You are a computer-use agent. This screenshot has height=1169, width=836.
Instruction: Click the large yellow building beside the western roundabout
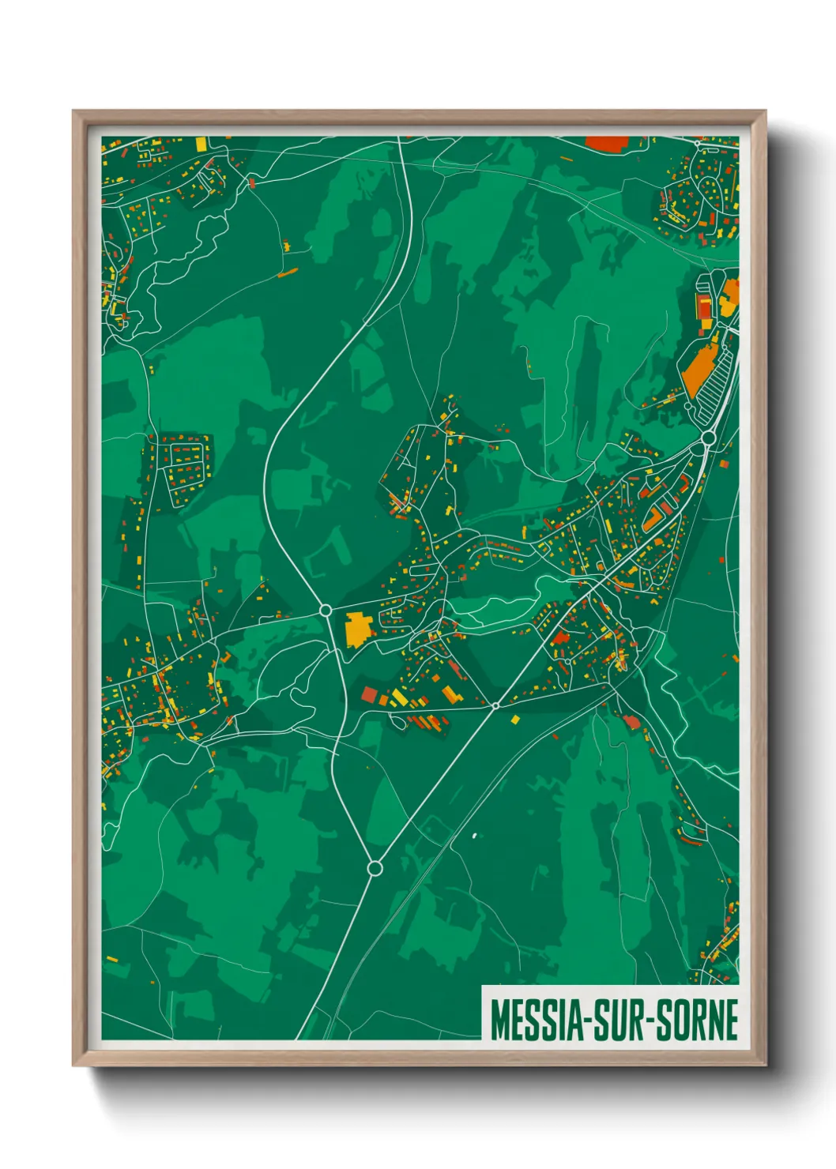pyautogui.click(x=358, y=629)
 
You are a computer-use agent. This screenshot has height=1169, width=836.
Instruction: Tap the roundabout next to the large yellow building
pyautogui.click(x=325, y=611)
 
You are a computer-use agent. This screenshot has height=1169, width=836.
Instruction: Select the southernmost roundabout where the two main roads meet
pyautogui.click(x=375, y=868)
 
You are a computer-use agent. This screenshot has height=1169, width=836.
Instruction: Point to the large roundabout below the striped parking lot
pyautogui.click(x=708, y=438)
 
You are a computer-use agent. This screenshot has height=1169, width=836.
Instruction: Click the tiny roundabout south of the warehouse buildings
pyautogui.click(x=495, y=705)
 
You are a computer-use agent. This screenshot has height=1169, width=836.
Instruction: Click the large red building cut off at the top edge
pyautogui.click(x=607, y=143)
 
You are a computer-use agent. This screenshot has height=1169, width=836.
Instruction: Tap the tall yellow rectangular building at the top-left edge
pyautogui.click(x=201, y=144)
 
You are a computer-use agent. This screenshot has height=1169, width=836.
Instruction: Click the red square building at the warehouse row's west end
pyautogui.click(x=369, y=694)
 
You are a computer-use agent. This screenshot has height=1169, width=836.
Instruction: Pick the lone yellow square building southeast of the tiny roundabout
pyautogui.click(x=516, y=720)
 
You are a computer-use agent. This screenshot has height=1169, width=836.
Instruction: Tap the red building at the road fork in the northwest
pyautogui.click(x=252, y=182)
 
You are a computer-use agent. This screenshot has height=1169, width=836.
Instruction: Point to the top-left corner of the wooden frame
pyautogui.click(x=73, y=111)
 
